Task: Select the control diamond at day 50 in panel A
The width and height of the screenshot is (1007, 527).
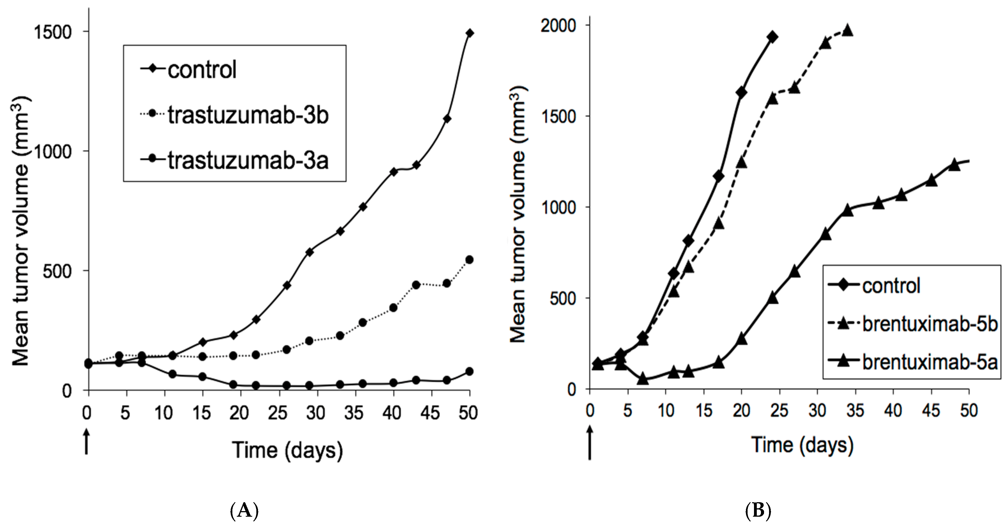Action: point(469,33)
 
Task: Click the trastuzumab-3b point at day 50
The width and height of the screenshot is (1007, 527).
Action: point(469,260)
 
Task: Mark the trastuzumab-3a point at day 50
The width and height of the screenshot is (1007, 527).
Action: point(469,371)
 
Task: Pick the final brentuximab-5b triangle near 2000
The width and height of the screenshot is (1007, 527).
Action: point(847,30)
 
